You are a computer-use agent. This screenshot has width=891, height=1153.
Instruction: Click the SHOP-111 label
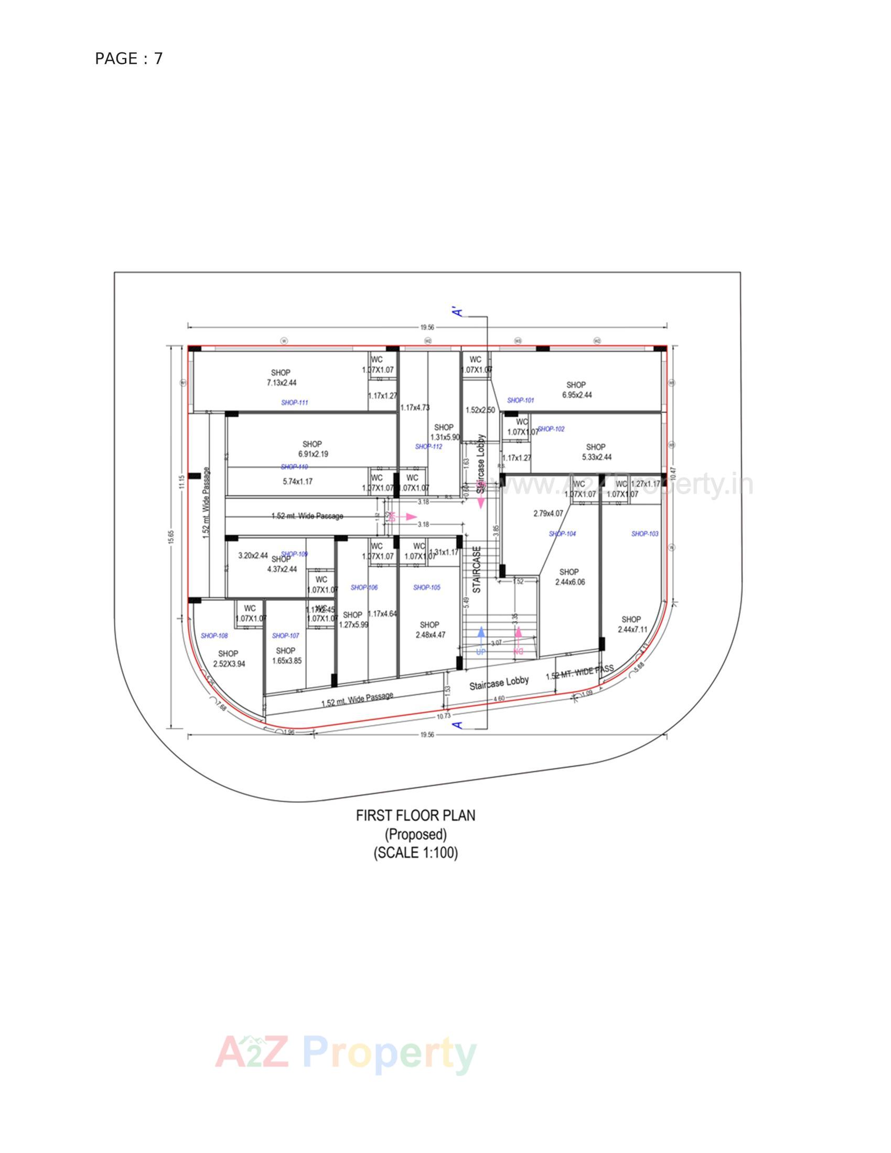point(295,403)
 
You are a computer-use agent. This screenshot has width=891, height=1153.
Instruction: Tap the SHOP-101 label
point(521,401)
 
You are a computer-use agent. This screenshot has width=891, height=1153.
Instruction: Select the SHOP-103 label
point(645,534)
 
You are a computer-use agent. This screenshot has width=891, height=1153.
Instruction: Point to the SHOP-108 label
point(214,636)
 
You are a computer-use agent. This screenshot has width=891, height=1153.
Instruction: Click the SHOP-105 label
point(427,587)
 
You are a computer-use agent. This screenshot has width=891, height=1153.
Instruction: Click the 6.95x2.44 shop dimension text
point(577,394)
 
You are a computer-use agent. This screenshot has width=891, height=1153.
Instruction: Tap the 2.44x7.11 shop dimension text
point(632,629)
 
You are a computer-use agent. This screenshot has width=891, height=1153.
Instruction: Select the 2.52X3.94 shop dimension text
point(229,664)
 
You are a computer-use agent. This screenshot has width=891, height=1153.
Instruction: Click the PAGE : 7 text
point(129,59)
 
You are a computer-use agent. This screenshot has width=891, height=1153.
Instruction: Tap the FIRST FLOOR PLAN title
point(416,815)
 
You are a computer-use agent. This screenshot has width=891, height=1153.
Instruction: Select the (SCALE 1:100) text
point(416,853)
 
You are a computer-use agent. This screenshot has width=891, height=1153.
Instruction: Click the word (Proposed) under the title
point(416,835)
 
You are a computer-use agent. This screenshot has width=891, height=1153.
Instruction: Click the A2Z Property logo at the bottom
point(346,1054)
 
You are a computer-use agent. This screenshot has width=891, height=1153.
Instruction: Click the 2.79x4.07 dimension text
point(549,513)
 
